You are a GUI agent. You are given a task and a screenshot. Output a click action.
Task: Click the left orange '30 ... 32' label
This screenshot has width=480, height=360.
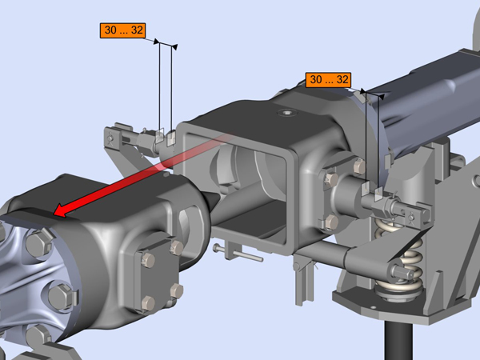122,30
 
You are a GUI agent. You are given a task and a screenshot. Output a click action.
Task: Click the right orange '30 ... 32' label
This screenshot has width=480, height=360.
328,80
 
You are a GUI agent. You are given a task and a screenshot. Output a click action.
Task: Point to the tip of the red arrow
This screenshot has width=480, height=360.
54,214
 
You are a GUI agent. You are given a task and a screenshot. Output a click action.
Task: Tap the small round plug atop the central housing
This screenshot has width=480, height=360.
287,113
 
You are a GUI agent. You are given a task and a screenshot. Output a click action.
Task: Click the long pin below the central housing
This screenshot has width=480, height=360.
238,253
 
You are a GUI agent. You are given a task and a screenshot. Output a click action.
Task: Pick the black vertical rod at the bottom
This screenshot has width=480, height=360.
398,341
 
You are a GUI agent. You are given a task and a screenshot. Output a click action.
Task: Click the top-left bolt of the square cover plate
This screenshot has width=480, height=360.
148,260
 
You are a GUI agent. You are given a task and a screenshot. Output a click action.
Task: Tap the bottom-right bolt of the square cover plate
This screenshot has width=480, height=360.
177,290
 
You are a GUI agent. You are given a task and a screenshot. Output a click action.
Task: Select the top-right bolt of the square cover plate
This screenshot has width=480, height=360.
177,246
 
